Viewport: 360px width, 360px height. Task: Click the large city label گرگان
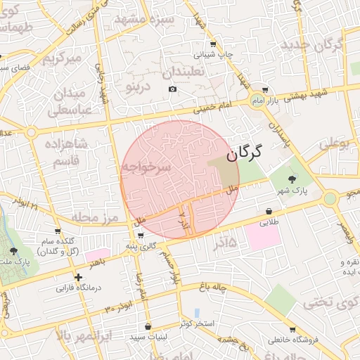tap(244, 151)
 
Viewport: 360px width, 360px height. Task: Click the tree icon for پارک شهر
tap(292, 177)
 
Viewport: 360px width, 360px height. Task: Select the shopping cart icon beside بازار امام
tap(264, 90)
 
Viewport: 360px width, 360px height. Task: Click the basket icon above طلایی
tap(269, 210)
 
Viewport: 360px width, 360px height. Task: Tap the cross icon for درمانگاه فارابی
tap(79, 278)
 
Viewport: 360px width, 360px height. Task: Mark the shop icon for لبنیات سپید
tap(147, 327)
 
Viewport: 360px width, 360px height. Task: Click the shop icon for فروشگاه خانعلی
tap(292, 330)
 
